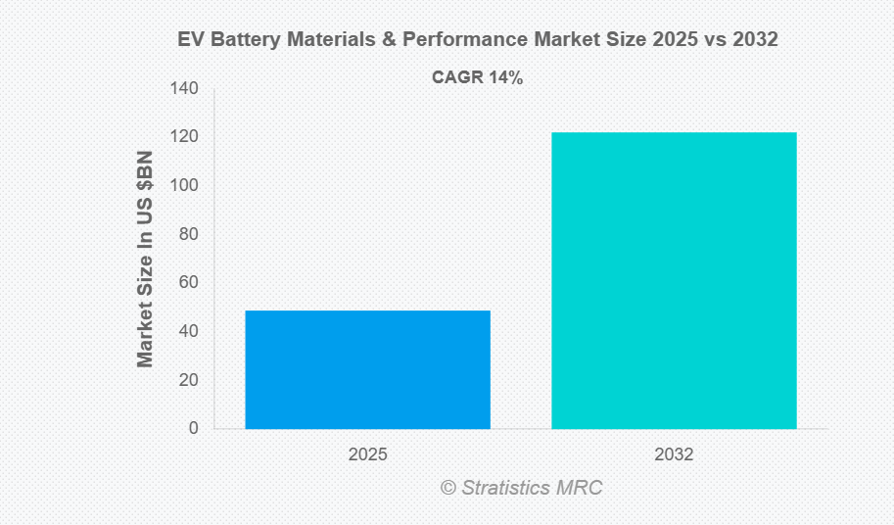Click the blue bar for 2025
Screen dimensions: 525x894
pos(367,369)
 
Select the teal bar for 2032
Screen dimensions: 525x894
pos(674,280)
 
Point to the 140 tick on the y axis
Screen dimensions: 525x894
pos(183,89)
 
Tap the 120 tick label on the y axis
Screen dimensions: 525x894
pos(183,137)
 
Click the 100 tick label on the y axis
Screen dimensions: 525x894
pos(183,186)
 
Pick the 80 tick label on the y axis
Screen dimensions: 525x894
pos(187,234)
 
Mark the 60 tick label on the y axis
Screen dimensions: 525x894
pos(187,283)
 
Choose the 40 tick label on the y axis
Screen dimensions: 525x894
pos(187,331)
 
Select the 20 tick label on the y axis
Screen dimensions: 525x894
pos(187,380)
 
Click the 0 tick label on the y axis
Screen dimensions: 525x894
pos(192,428)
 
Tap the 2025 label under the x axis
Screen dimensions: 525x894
pos(367,455)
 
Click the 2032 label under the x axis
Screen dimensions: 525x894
pos(674,455)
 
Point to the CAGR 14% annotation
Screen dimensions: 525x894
pos(477,78)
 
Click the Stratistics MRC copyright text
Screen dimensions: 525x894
pos(528,487)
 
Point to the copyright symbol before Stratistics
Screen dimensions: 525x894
pos(448,488)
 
